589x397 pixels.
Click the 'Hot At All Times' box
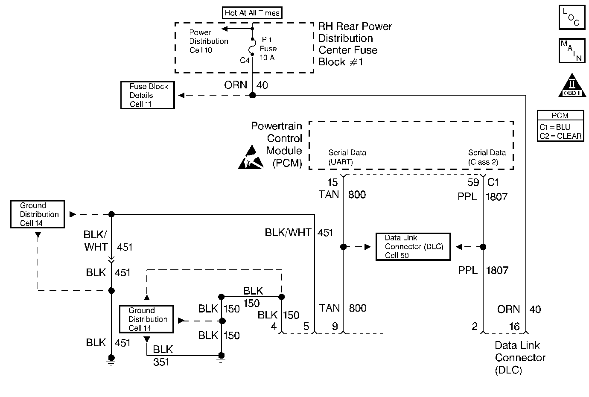click(252, 13)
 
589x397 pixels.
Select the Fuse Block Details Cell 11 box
click(148, 95)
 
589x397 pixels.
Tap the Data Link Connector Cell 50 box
click(413, 247)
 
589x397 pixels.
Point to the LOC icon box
click(571, 18)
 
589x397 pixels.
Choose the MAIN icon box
click(571, 51)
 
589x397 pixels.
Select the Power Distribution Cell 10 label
click(208, 41)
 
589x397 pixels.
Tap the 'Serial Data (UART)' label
click(347, 157)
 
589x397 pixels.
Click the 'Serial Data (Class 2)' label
click(487, 157)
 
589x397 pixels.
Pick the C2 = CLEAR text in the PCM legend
click(560, 136)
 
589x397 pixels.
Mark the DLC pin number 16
click(514, 327)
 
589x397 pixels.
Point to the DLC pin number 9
click(335, 327)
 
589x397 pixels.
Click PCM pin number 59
click(473, 183)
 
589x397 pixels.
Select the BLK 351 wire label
click(162, 356)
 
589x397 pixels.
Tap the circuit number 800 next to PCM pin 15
click(357, 195)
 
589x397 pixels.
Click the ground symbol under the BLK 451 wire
click(111, 361)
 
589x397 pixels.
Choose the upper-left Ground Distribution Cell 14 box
click(38, 214)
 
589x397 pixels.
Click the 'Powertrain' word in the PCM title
click(276, 126)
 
